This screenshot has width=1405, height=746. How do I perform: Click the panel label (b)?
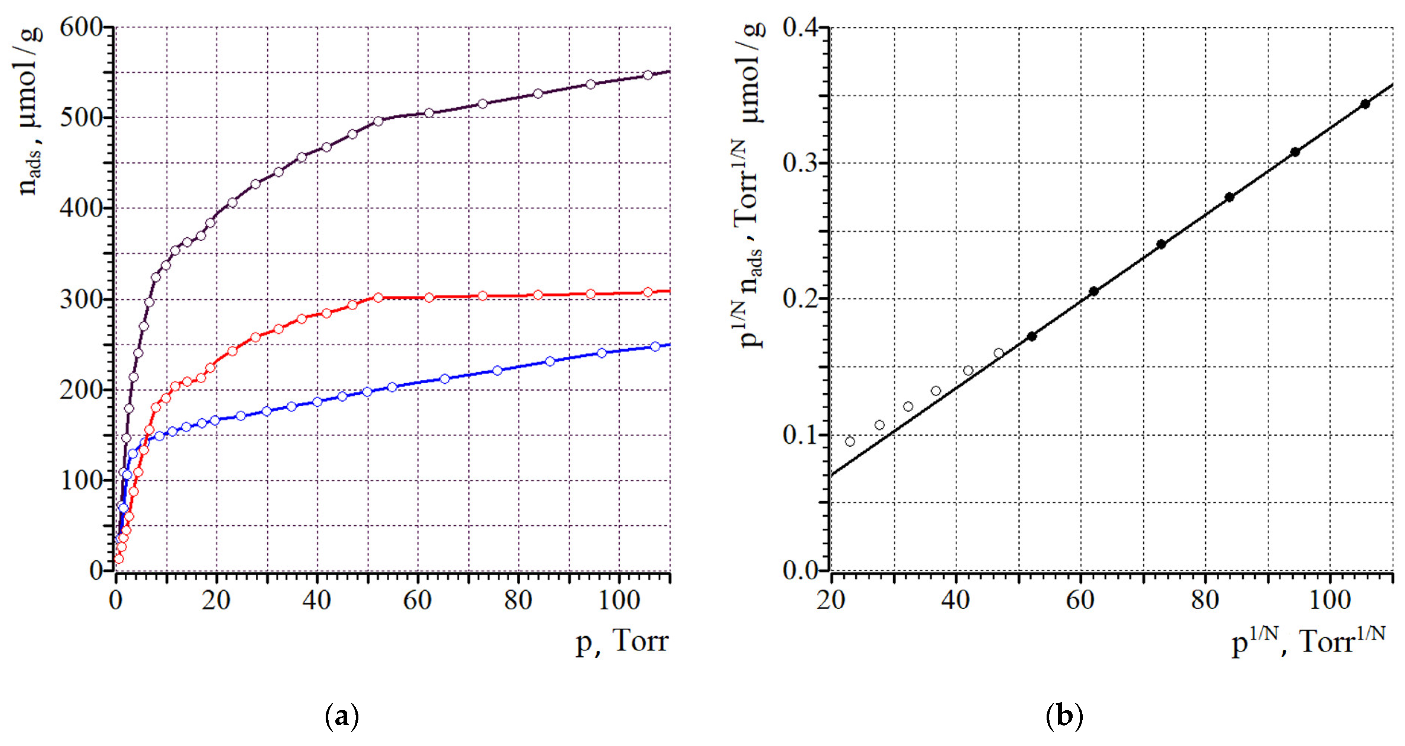pos(1064,716)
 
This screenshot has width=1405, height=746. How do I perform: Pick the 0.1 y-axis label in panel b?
pos(802,435)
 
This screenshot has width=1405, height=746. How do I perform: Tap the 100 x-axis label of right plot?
pos(1330,600)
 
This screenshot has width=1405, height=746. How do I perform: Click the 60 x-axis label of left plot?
pos(417,600)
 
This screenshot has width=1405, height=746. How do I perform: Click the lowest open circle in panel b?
pos(850,441)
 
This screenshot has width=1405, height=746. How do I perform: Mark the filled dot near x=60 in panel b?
pos(1093,291)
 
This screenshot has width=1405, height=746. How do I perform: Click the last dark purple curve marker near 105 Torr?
pos(647,75)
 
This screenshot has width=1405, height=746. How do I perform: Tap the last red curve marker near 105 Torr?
pos(647,292)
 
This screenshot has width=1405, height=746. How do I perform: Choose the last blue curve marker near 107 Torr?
pos(655,347)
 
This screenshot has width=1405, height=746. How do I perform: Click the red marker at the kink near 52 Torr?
pos(379,298)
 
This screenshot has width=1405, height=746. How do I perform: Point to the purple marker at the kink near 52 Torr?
pos(379,121)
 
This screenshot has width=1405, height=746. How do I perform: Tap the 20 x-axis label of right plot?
pos(831,600)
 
